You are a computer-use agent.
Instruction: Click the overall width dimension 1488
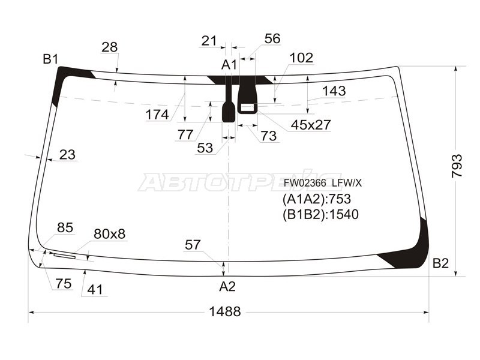tap(225, 311)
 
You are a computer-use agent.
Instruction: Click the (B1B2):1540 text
tap(320, 214)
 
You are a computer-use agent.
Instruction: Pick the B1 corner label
tap(50, 59)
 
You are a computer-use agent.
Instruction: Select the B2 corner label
tap(441, 263)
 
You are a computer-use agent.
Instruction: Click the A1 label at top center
tap(229, 65)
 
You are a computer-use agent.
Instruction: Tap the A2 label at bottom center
tap(227, 287)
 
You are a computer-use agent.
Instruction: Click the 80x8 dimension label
tap(109, 234)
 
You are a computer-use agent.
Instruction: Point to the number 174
tap(157, 114)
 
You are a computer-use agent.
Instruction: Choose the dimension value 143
tap(334, 91)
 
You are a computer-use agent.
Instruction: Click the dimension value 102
tap(301, 58)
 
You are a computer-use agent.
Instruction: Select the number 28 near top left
tap(109, 47)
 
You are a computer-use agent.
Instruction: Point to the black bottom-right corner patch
tap(414, 249)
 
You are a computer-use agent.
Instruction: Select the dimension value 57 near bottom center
tap(193, 245)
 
